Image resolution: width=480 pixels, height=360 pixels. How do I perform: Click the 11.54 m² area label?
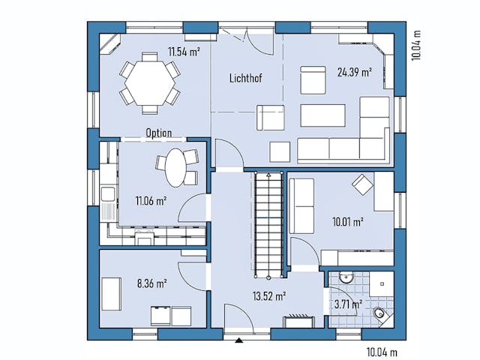tap(184, 52)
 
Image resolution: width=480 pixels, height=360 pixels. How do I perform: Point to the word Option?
tap(159, 133)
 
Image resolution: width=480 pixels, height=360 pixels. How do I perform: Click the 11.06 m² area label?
tap(151, 200)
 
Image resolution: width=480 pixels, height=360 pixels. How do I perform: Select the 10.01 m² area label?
tap(348, 222)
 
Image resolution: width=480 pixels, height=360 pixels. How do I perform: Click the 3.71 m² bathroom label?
tap(347, 304)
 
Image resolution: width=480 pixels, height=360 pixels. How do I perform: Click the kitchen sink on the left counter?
tap(107, 197)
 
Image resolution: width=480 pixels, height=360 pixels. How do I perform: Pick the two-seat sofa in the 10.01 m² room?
tap(302, 207)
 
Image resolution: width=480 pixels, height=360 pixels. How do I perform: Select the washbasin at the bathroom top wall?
tap(346, 277)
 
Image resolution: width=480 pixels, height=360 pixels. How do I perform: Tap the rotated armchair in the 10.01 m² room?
tap(364, 183)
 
